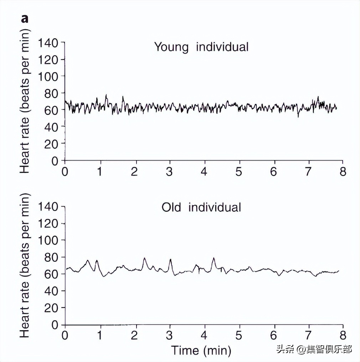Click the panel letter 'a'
click(x=25, y=19)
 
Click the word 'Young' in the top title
click(x=171, y=47)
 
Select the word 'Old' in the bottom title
click(x=172, y=207)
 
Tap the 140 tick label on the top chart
click(x=48, y=43)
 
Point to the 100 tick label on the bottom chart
click(x=48, y=241)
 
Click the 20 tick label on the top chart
click(x=52, y=144)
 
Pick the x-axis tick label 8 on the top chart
click(x=343, y=171)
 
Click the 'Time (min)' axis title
click(x=201, y=350)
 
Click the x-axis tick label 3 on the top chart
click(x=170, y=171)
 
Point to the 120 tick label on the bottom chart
click(x=48, y=224)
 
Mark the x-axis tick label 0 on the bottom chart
click(x=65, y=335)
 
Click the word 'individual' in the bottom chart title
click(x=215, y=207)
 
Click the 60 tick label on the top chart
click(x=52, y=110)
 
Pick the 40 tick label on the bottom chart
click(x=52, y=291)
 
